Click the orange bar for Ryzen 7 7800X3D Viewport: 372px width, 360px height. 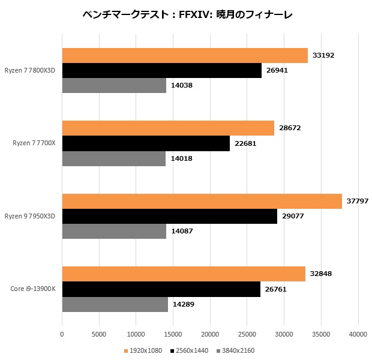185,55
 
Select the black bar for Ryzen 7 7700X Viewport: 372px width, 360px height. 146,143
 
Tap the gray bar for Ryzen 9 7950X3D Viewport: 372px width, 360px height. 114,231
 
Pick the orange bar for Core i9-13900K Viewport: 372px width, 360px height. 184,274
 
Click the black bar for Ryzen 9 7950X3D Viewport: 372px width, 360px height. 170,216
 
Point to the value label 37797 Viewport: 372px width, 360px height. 357,201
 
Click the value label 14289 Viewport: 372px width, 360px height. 183,304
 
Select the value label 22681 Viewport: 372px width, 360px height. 245,143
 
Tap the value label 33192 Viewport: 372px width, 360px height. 323,55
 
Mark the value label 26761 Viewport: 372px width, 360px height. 276,289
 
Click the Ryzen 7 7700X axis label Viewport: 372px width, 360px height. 34,143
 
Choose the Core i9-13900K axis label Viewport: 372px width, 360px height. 33,289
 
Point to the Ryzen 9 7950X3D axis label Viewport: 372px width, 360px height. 30,216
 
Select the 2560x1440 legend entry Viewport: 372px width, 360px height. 189,350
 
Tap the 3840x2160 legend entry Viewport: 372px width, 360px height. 235,350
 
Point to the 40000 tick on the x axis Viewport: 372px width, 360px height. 358,334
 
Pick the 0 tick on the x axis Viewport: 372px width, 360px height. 62,334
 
